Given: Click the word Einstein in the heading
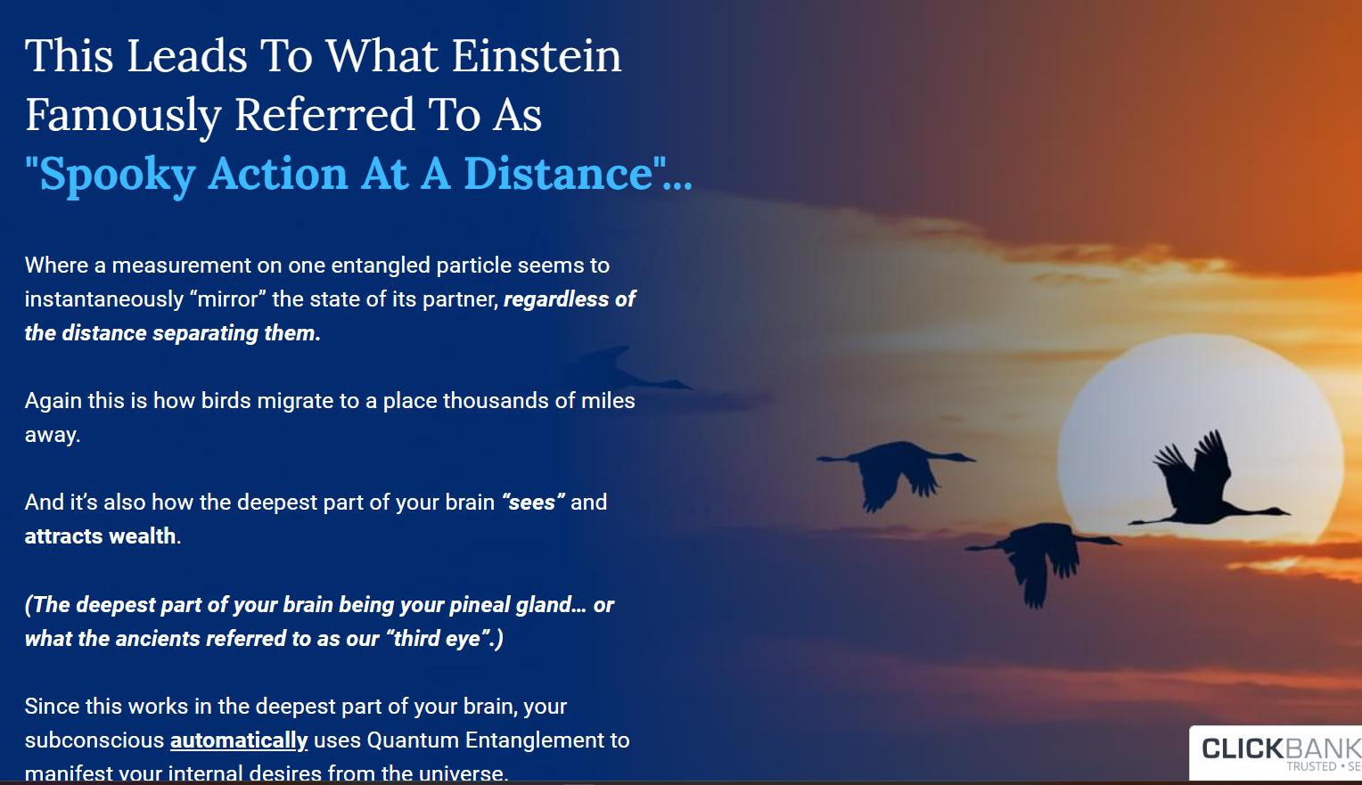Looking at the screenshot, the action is pos(537,56).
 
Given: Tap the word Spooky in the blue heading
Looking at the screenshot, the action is pos(117,175).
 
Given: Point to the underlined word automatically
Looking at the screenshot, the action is pos(238,740).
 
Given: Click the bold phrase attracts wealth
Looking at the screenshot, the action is pos(101,536).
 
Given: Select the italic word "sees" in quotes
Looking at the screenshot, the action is pos(533,502).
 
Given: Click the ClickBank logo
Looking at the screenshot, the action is pos(1276,752).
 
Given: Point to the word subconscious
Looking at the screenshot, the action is pos(94,740).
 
